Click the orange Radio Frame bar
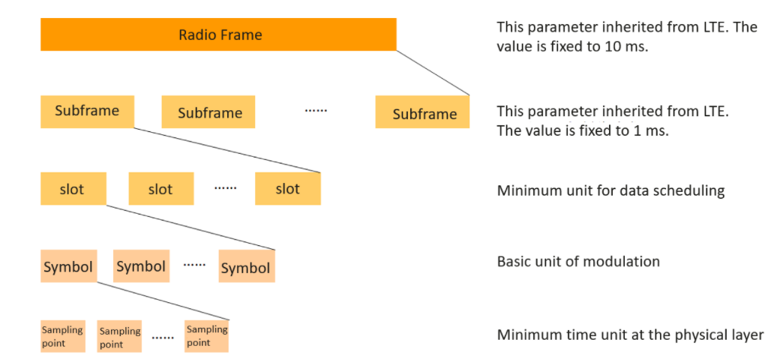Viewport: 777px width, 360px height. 218,34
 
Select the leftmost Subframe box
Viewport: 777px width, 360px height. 87,112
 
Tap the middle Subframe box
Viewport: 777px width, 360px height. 208,112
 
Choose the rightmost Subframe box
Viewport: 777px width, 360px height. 422,112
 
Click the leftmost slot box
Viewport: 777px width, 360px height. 73,188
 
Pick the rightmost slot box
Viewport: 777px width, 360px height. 288,188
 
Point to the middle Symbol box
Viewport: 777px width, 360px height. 141,266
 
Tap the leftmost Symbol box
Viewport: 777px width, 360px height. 68,266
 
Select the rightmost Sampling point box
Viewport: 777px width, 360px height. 207,336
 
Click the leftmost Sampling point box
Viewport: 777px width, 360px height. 63,336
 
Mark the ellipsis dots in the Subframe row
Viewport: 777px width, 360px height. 316,110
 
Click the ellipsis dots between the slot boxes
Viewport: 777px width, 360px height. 226,188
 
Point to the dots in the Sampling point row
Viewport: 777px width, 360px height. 163,337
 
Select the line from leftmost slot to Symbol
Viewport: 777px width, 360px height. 190,227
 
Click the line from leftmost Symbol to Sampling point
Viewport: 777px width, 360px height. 163,301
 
